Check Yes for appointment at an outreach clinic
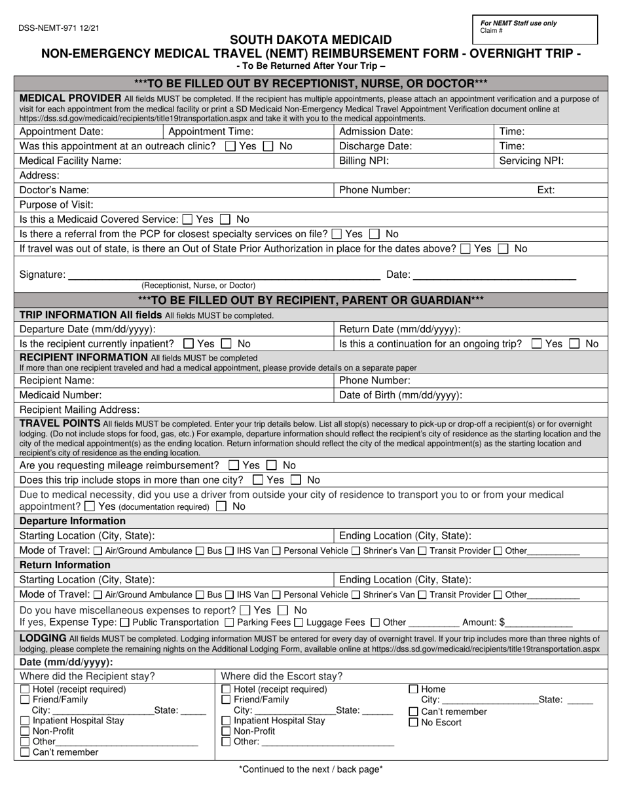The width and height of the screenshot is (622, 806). click(x=230, y=147)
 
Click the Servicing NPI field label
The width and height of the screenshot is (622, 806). click(x=531, y=161)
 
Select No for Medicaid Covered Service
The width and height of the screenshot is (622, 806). click(x=225, y=220)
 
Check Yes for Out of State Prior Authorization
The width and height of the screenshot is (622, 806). click(x=466, y=249)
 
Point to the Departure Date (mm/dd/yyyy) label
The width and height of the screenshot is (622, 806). click(x=88, y=330)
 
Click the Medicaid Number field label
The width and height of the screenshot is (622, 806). click(x=61, y=395)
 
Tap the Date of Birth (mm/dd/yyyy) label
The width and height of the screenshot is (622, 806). click(x=400, y=395)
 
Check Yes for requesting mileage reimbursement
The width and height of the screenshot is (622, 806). click(x=233, y=465)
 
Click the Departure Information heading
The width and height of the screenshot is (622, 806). click(x=73, y=521)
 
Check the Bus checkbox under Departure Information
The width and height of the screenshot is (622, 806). click(x=200, y=551)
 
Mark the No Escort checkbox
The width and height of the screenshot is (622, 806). click(x=413, y=723)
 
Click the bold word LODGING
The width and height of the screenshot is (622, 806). click(x=43, y=638)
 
